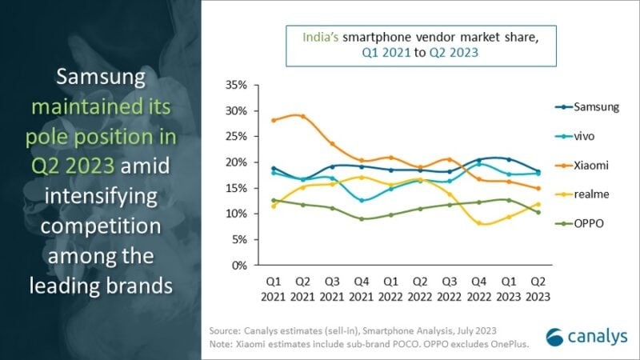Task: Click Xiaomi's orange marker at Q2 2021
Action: point(302,116)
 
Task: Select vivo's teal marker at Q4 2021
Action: point(362,200)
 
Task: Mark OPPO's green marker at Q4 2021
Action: point(362,218)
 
